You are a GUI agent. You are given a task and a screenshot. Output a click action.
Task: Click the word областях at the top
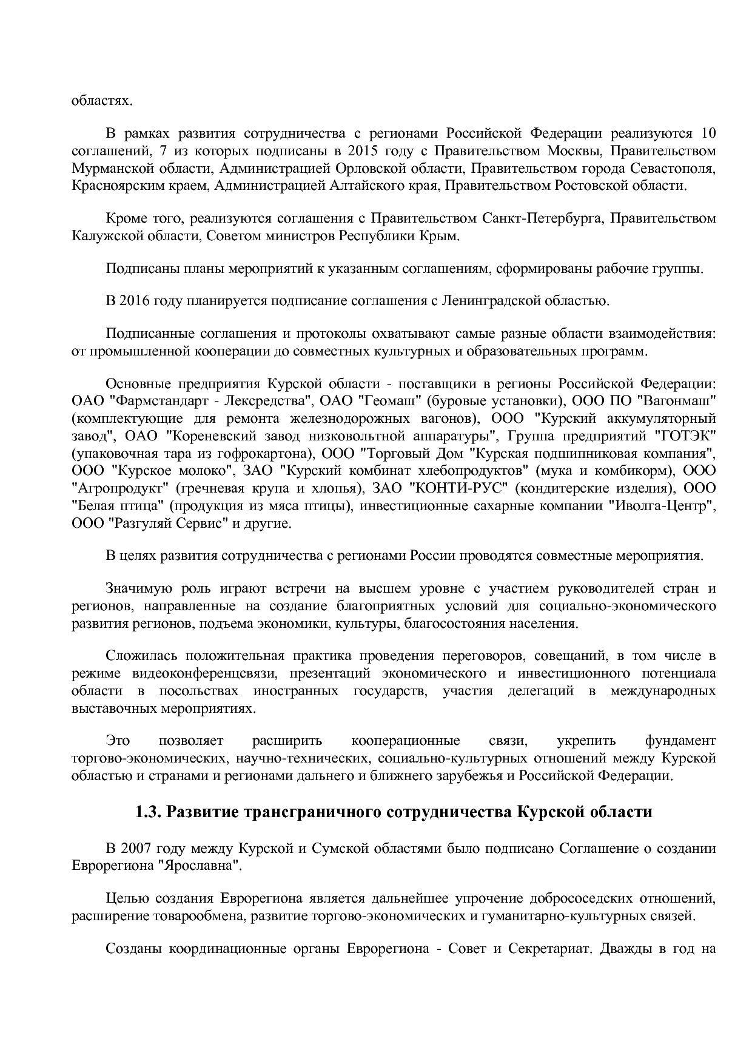pos(101,100)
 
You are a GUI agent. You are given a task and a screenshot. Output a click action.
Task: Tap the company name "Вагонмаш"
pos(679,401)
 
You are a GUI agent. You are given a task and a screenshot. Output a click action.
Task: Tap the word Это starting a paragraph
pos(118,741)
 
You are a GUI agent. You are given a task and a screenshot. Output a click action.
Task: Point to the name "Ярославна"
pos(197,866)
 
